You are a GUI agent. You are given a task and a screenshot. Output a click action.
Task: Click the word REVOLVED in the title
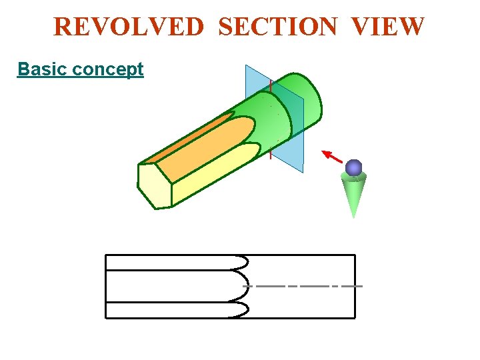(x=129, y=27)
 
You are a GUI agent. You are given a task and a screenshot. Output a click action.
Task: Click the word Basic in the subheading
(x=42, y=69)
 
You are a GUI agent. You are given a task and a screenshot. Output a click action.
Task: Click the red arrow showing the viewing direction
(x=333, y=157)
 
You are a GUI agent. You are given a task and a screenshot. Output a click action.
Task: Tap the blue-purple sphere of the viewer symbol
(x=354, y=167)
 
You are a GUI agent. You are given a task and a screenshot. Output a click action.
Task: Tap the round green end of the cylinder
(x=308, y=107)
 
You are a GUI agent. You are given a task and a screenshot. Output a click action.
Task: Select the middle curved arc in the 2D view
(x=247, y=286)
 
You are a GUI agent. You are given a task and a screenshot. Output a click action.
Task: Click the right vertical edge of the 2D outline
(x=355, y=286)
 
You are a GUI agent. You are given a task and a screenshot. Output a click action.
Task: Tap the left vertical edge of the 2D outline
(x=106, y=286)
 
